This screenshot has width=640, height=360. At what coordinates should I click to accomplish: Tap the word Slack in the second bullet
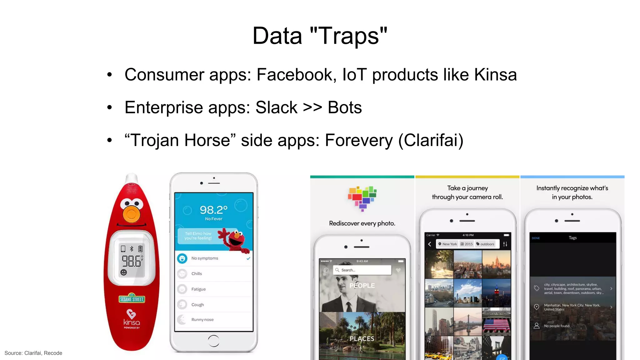coord(276,108)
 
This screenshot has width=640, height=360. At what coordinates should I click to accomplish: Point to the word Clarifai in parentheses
coord(431,140)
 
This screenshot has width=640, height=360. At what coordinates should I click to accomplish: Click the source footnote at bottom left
coord(33,353)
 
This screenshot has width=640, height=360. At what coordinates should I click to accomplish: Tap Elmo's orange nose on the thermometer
coord(132,214)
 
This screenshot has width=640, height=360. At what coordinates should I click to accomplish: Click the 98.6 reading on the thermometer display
coord(131,261)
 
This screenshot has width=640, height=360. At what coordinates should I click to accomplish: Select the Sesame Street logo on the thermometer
coord(132,299)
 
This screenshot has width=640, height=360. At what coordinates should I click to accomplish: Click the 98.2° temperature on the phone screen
coord(213,210)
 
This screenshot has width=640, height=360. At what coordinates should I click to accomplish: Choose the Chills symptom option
coord(197,274)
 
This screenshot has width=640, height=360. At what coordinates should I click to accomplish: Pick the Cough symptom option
coord(197,305)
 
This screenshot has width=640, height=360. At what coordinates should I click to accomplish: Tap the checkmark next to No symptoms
coord(248,258)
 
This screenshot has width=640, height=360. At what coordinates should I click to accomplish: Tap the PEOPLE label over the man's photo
coord(362,286)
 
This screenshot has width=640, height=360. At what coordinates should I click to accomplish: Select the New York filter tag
coord(447,244)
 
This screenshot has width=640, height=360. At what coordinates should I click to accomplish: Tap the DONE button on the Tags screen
coord(536,238)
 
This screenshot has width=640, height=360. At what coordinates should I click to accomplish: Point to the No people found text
coord(557,326)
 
